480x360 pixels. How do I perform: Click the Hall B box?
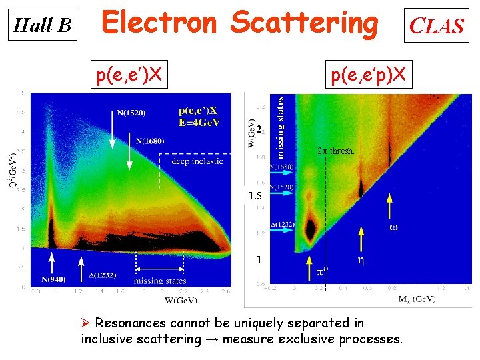[x=43, y=25]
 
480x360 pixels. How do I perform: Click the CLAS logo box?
[x=436, y=26]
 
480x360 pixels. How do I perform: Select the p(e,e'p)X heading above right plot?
[x=368, y=75]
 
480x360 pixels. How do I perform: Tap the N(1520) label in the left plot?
[x=131, y=112]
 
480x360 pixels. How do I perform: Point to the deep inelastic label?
[x=197, y=161]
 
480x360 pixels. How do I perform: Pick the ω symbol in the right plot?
[x=394, y=227]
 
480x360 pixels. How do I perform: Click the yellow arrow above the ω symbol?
[x=390, y=207]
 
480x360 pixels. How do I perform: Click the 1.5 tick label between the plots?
[x=255, y=197]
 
